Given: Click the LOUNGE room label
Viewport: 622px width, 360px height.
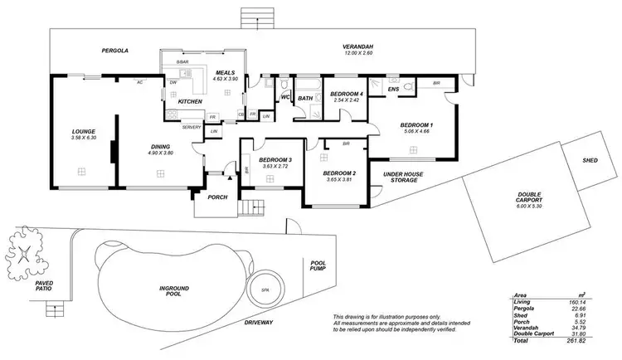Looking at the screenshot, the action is click(84, 131).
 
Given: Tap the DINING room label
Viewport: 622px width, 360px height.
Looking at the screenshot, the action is click(161, 145).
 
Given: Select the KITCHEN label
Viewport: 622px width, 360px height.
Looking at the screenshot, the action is click(191, 101).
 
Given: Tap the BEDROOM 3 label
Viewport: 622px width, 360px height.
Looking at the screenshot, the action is click(275, 159).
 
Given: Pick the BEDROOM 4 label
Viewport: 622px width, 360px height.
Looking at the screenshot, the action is click(347, 95).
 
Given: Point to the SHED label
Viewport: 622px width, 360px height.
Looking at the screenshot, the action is click(590, 160).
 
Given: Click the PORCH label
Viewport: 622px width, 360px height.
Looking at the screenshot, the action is click(217, 197).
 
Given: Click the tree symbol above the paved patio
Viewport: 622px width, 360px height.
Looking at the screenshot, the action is click(27, 249).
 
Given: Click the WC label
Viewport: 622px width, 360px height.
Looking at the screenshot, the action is click(284, 97).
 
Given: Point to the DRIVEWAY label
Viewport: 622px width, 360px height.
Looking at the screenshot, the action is click(259, 322).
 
